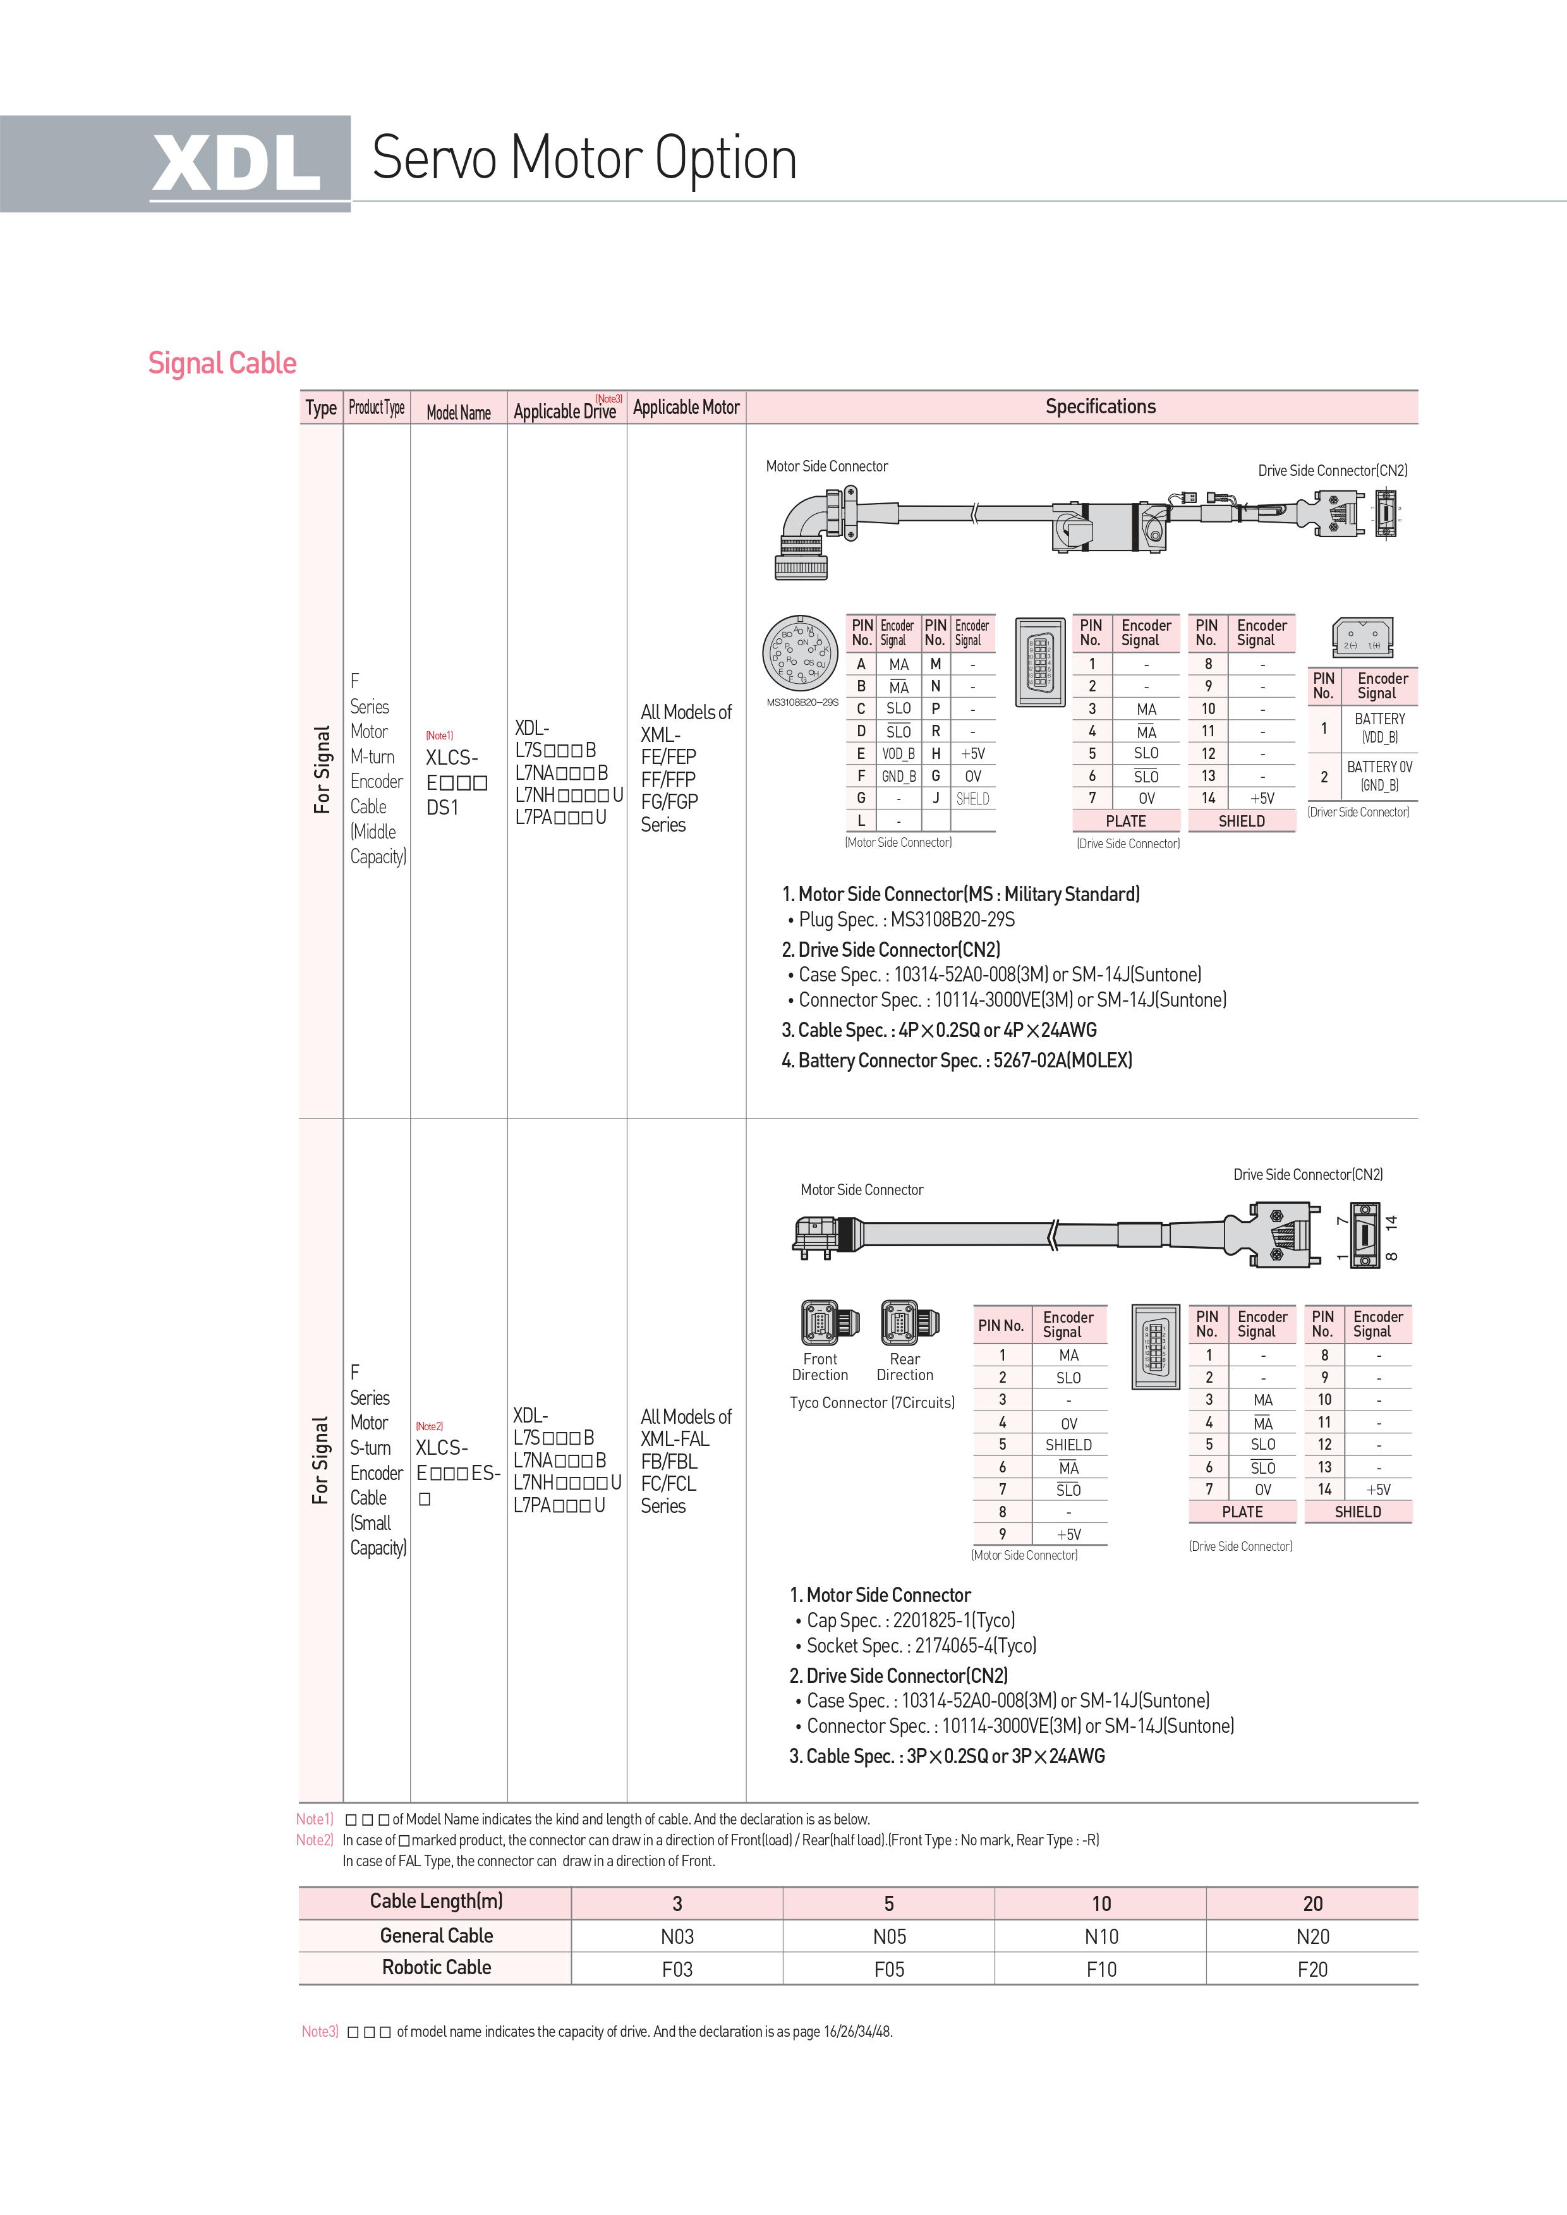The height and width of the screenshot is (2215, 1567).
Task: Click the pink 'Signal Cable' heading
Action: point(222,363)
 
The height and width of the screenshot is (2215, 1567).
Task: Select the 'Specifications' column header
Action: point(1100,406)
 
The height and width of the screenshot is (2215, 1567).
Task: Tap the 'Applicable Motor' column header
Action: point(686,407)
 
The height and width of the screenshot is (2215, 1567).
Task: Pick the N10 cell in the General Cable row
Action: point(1101,1936)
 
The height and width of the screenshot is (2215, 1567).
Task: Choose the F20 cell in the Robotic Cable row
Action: point(1312,1969)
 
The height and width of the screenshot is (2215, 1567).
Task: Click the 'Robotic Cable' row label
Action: point(436,1967)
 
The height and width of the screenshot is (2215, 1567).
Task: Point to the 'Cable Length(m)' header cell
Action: point(436,1902)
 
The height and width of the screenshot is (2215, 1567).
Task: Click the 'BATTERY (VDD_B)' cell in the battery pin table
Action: point(1380,728)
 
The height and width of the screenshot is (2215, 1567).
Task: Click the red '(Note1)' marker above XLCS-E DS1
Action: point(439,736)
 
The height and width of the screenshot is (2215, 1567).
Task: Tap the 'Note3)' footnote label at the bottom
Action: point(319,2032)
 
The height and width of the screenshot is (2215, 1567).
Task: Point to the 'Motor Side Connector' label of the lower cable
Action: point(862,1190)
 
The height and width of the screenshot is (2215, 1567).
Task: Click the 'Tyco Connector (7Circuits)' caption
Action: point(872,1402)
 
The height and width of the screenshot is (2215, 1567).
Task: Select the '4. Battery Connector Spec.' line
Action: point(956,1060)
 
